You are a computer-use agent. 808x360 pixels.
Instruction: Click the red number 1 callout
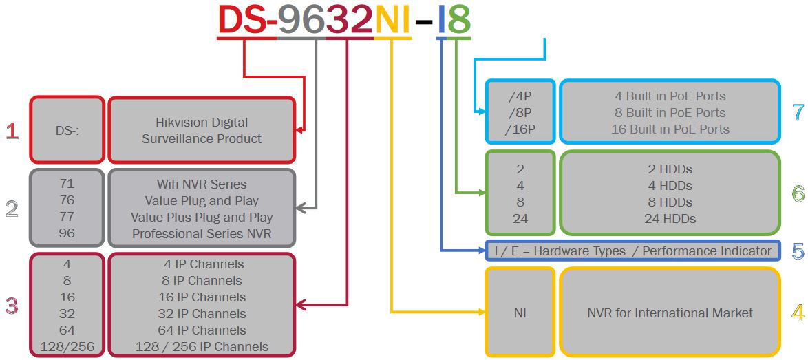point(12,131)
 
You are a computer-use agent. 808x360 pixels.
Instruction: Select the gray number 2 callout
point(12,209)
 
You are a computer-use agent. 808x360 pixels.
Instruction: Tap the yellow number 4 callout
point(798,313)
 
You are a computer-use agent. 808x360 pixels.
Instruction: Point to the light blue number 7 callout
point(798,112)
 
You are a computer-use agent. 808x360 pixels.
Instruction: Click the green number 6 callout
point(798,194)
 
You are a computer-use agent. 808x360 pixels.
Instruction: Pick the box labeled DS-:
point(67,130)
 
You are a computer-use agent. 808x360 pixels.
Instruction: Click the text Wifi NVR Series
point(202,184)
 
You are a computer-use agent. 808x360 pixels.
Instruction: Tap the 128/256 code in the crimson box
point(67,347)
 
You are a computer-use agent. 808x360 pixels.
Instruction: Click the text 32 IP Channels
point(202,314)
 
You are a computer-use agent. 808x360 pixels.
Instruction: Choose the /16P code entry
point(520,129)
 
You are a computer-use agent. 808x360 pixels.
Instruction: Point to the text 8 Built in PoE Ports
point(670,113)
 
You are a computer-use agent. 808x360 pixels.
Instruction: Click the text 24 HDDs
point(670,219)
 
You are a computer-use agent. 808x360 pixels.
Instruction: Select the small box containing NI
point(520,313)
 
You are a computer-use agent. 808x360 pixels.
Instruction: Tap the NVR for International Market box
point(670,313)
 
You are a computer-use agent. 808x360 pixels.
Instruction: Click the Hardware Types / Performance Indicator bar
point(632,251)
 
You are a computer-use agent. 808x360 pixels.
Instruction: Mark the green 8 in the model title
point(458,19)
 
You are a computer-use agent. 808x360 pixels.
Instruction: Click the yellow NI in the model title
point(393,19)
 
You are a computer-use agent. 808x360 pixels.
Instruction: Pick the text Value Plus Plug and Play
point(202,218)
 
